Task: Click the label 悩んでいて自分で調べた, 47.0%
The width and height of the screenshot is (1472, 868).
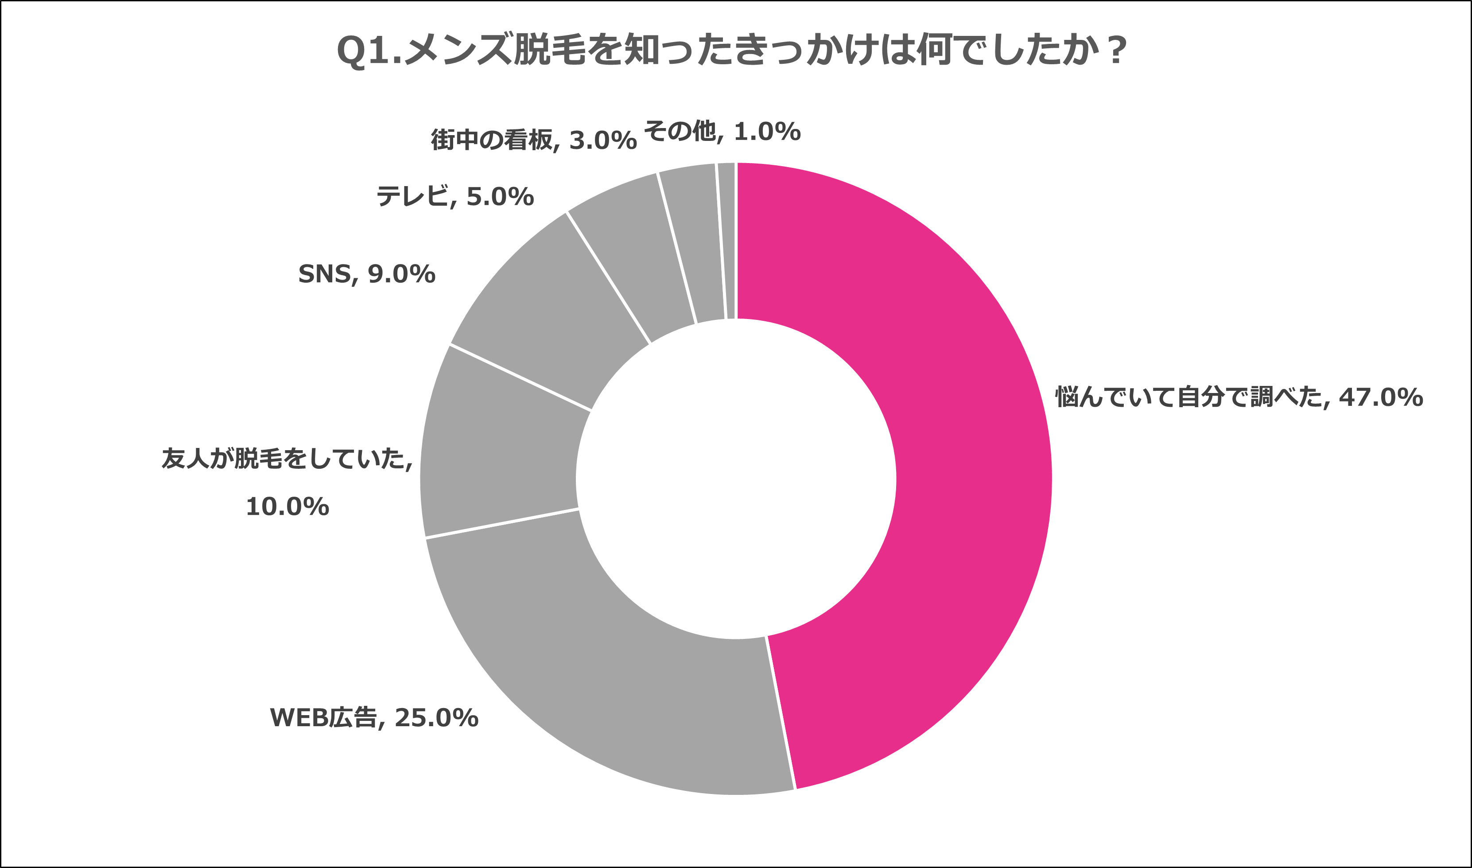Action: click(1238, 397)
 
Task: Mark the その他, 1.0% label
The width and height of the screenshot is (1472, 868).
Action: click(722, 132)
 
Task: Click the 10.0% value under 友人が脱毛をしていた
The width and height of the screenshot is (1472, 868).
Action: click(287, 506)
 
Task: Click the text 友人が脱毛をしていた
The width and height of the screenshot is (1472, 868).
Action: click(287, 459)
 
